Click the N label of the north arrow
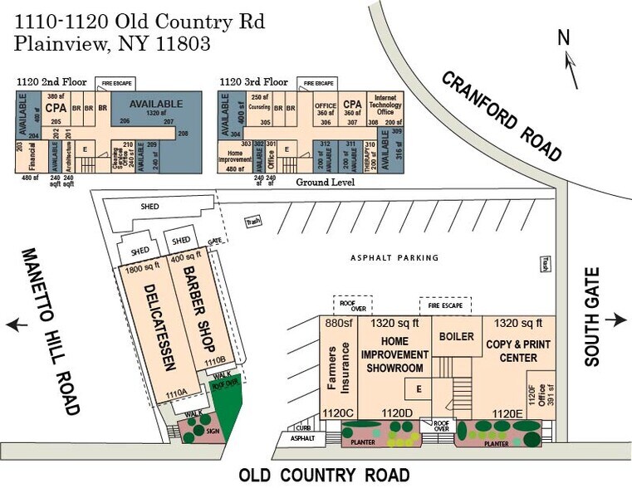point(564,37)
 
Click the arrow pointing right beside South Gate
point(615,320)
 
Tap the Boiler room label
point(457,337)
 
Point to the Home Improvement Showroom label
point(394,354)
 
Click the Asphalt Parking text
point(394,258)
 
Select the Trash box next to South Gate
point(546,262)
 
